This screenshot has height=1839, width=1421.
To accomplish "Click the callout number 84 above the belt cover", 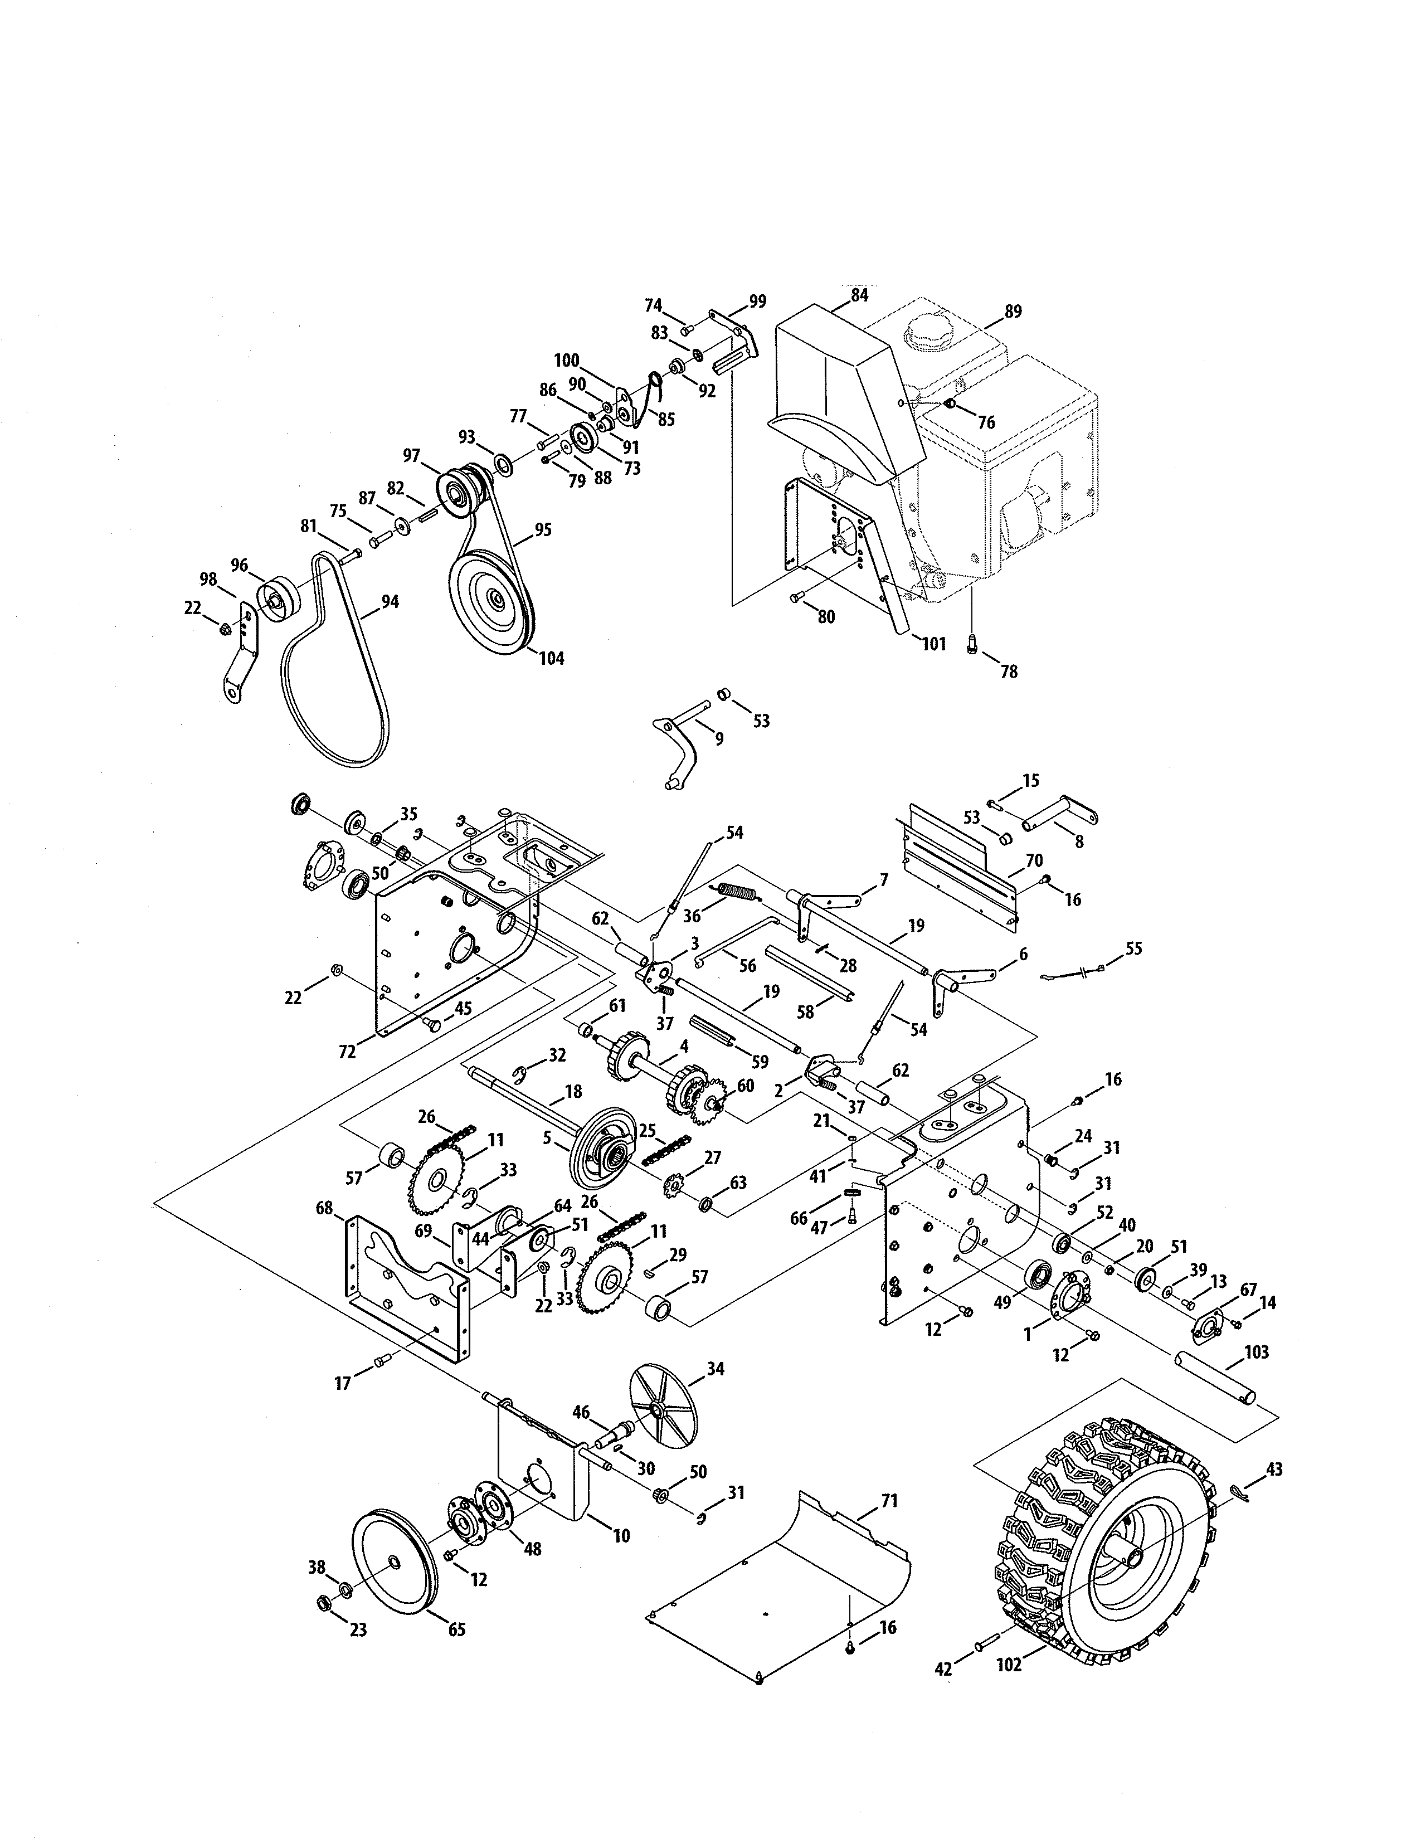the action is tap(859, 295).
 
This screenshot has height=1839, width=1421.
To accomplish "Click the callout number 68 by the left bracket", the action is tap(324, 1208).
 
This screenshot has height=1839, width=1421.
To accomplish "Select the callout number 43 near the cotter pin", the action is tap(1274, 1470).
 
